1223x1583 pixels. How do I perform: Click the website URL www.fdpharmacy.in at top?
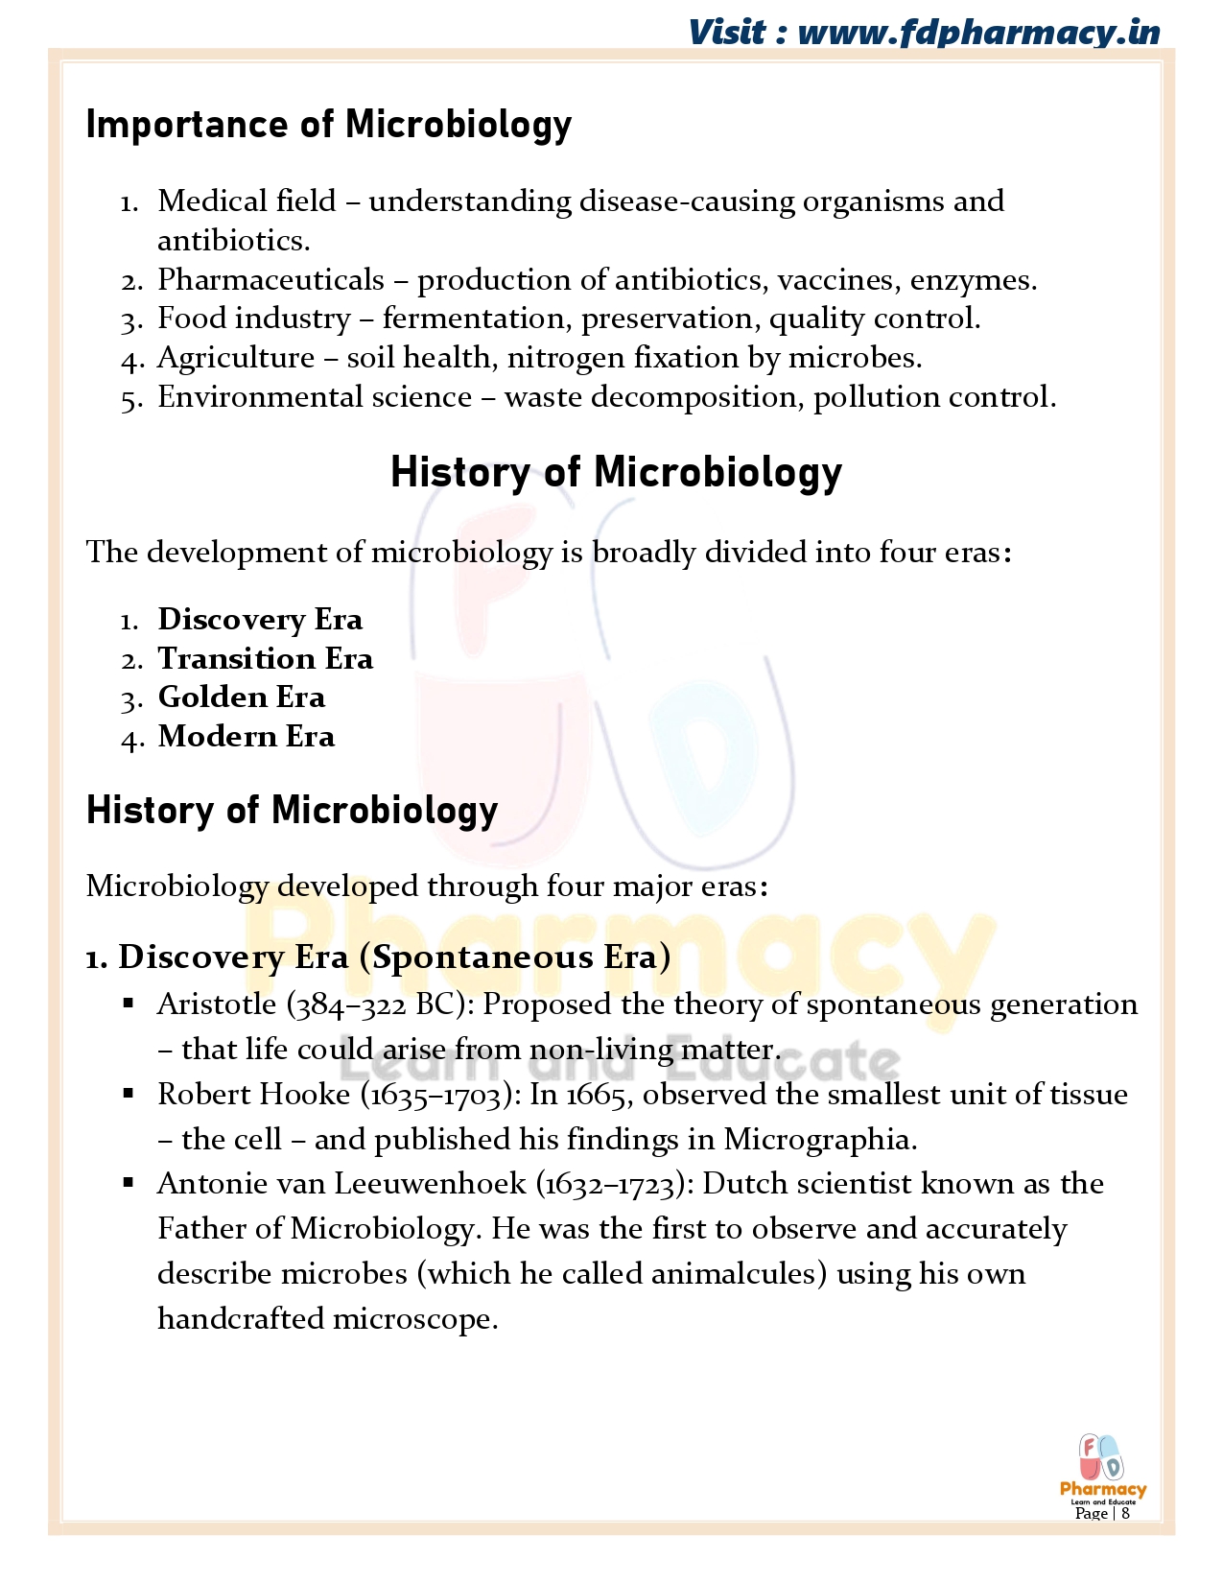pos(978,33)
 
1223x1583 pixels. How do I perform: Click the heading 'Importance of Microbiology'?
pos(328,125)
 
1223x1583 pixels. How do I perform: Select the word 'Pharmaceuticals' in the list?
pos(270,279)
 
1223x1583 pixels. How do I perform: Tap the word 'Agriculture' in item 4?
pos(236,358)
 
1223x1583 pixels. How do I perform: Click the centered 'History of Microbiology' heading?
pos(616,472)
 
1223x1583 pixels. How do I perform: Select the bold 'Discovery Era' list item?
pos(260,620)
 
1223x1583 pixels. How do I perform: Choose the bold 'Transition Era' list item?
pos(265,659)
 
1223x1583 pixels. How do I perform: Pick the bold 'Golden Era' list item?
pos(241,697)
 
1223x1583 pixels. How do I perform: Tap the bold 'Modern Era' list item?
pos(247,737)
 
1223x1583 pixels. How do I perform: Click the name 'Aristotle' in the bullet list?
pos(217,1004)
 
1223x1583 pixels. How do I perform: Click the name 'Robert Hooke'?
pos(253,1095)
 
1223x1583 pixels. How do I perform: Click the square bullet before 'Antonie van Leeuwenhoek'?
pos(129,1182)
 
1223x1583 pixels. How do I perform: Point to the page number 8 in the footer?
pos(1125,1513)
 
